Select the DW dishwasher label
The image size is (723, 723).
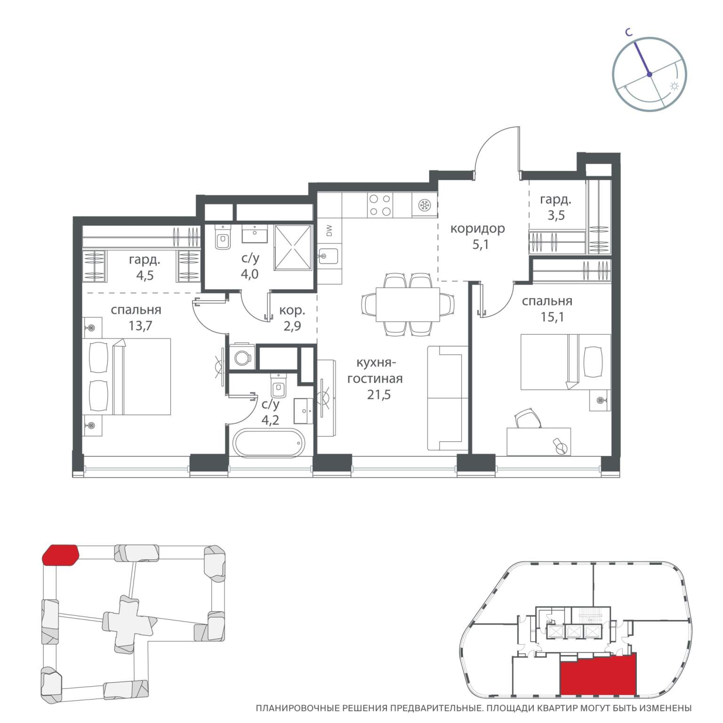[329, 231]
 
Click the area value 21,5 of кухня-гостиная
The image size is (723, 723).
[379, 394]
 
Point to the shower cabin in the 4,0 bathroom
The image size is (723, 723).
[293, 248]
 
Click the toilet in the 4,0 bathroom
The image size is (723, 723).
[222, 237]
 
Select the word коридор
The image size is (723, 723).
[478, 229]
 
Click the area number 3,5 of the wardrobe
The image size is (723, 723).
[556, 216]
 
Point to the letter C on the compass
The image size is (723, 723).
[628, 32]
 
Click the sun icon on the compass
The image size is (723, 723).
[674, 87]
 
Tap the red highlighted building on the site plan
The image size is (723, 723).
[60, 554]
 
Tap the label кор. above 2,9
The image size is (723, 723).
[292, 311]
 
